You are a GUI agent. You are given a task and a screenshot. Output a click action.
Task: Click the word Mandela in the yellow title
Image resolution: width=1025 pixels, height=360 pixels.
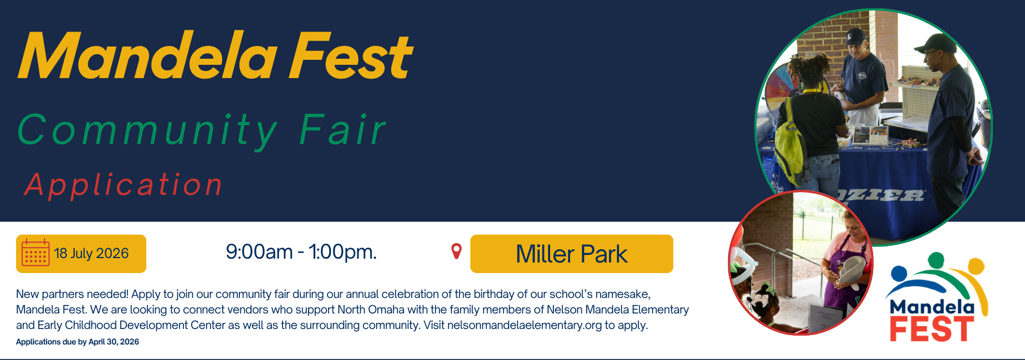147,56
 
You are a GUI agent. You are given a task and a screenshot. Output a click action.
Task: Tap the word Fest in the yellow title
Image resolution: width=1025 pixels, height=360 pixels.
350,56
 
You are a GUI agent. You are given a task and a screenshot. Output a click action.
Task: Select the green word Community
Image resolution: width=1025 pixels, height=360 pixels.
147,131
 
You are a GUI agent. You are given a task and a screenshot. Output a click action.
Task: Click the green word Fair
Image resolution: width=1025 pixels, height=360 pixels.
342,131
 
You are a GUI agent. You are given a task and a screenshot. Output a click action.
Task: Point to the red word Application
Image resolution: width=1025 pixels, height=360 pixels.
124,184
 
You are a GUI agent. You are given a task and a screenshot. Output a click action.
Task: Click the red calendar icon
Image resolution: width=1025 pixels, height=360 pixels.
35,254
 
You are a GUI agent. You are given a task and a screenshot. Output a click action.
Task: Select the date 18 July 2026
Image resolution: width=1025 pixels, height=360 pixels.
91,254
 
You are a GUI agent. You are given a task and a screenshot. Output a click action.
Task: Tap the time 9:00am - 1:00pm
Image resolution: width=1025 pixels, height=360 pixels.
301,252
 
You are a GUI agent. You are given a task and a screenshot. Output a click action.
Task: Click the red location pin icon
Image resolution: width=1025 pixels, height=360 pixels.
457,251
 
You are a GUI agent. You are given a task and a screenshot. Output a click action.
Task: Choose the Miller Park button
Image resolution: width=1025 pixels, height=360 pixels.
571,254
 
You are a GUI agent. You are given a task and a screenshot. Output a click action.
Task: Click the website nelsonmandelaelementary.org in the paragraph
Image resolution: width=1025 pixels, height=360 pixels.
524,325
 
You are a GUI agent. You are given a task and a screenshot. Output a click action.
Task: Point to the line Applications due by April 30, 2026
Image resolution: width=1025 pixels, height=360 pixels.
78,342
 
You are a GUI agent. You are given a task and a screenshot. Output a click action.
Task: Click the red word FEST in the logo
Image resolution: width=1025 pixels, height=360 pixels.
931,330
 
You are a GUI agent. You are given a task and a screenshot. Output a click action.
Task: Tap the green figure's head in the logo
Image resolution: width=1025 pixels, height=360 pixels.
936,259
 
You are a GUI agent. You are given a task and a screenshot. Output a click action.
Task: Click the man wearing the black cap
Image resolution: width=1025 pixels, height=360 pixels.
949,111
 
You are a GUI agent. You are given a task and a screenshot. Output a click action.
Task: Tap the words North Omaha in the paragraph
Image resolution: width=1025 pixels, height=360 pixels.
371,310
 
